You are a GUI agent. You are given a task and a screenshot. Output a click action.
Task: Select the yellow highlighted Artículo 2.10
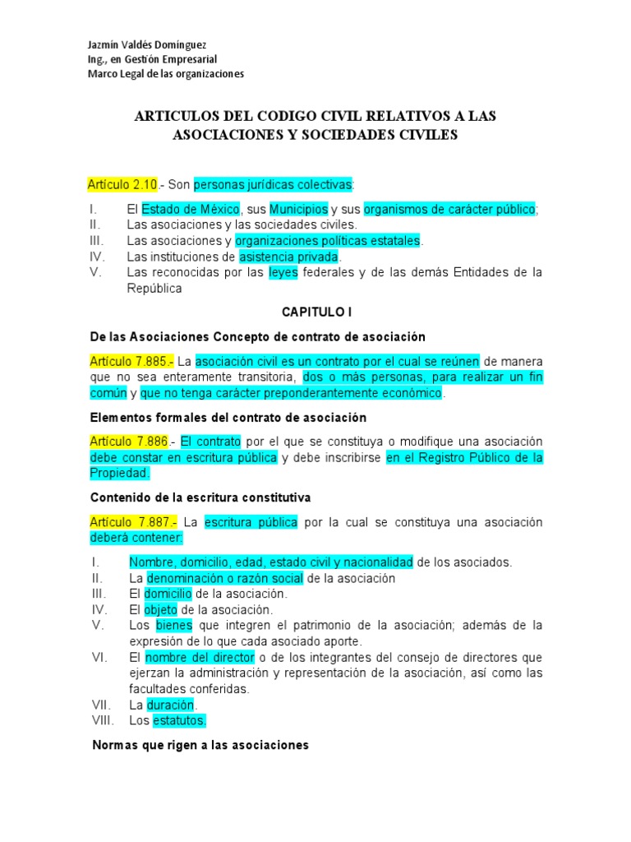click(x=122, y=183)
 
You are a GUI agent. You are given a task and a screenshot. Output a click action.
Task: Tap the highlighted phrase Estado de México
click(x=191, y=209)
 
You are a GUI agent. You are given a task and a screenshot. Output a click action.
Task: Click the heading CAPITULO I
click(x=316, y=312)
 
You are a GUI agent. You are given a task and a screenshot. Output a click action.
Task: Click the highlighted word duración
click(x=171, y=705)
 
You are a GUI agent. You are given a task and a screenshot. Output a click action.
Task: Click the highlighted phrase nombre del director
click(x=198, y=658)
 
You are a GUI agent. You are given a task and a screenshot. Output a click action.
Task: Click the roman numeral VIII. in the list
click(x=104, y=720)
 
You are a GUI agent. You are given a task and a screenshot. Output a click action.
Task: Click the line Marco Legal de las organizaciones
click(x=165, y=74)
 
